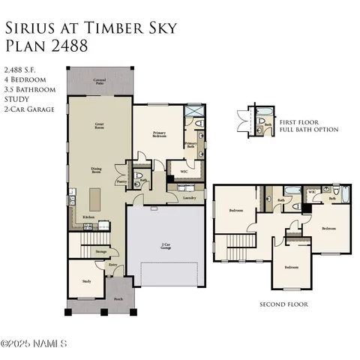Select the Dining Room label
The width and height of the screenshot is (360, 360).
[x=97, y=169]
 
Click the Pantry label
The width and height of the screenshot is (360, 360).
[x=121, y=181]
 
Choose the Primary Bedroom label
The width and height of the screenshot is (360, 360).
[x=159, y=135]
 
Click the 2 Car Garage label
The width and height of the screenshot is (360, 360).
[x=165, y=244]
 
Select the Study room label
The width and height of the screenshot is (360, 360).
[x=86, y=281]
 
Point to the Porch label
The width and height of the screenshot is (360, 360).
[x=118, y=298]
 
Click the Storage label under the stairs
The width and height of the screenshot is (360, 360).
[x=100, y=252]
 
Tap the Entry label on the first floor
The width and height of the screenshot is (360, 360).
[x=112, y=264]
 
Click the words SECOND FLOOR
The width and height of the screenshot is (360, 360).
[x=283, y=304]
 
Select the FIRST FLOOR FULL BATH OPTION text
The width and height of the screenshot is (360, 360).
[x=308, y=125]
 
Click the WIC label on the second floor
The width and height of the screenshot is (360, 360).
[x=312, y=192]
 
